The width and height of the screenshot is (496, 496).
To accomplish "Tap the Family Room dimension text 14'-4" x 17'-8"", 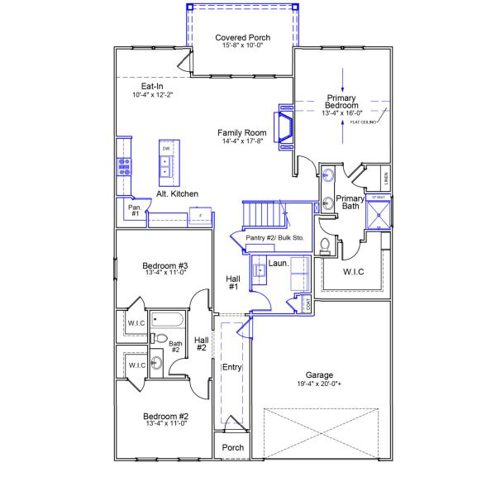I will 242,141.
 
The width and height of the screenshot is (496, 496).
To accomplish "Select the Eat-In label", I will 150,86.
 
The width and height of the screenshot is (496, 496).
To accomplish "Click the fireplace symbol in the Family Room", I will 285,127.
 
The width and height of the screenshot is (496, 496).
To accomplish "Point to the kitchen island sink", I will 166,174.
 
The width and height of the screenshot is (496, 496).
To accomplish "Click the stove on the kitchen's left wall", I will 124,166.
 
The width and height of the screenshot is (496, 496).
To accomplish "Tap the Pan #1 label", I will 134,210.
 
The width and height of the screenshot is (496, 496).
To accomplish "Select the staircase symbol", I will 262,216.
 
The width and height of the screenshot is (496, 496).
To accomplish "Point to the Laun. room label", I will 278,263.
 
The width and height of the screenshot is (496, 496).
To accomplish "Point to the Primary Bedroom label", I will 341,102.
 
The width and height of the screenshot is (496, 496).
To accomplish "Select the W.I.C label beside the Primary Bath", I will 354,271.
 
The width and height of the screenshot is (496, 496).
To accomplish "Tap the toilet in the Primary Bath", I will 326,245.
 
